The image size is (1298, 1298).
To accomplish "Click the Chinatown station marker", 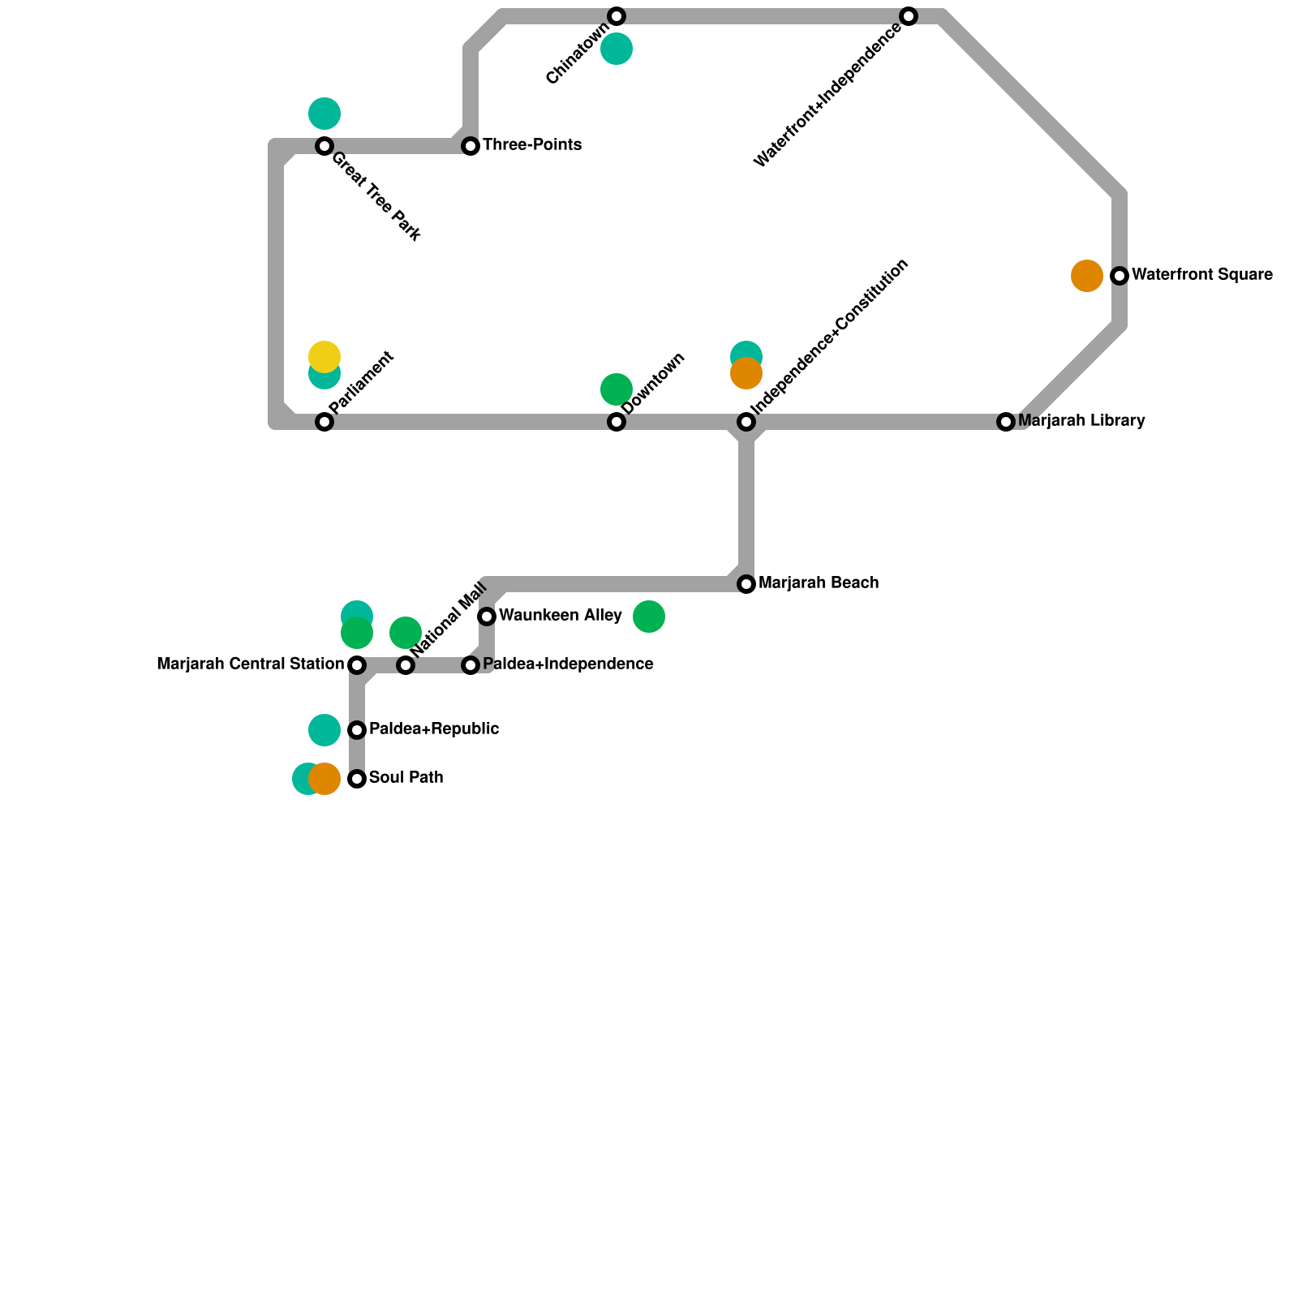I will (617, 16).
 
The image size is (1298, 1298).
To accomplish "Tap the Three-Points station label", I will (531, 145).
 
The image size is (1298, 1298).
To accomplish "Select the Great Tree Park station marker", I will (324, 146).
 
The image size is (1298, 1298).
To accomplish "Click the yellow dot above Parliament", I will (324, 356).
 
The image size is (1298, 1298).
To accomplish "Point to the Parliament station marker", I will (324, 422).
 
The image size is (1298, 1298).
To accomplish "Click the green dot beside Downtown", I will (617, 389).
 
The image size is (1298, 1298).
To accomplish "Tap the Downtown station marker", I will (617, 422).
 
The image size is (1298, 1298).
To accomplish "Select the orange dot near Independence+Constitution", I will (746, 374).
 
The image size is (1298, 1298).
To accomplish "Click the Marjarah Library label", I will (1081, 421).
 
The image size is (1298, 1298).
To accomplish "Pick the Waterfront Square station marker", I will (1120, 276).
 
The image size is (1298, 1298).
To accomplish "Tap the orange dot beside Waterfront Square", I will (1086, 276).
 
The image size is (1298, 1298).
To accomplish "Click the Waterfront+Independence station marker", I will (909, 16).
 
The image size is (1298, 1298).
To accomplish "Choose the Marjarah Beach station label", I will (818, 583).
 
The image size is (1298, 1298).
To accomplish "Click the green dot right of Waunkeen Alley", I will (649, 617).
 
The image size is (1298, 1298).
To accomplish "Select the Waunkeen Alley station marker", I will (487, 617).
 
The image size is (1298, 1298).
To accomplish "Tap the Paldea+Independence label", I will (567, 664).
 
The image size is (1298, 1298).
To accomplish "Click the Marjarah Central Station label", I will (250, 664).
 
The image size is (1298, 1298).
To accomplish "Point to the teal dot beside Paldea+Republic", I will (324, 730).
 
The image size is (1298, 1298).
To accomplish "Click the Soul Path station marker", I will (357, 779).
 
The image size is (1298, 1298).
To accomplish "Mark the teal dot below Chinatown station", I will (617, 49).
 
